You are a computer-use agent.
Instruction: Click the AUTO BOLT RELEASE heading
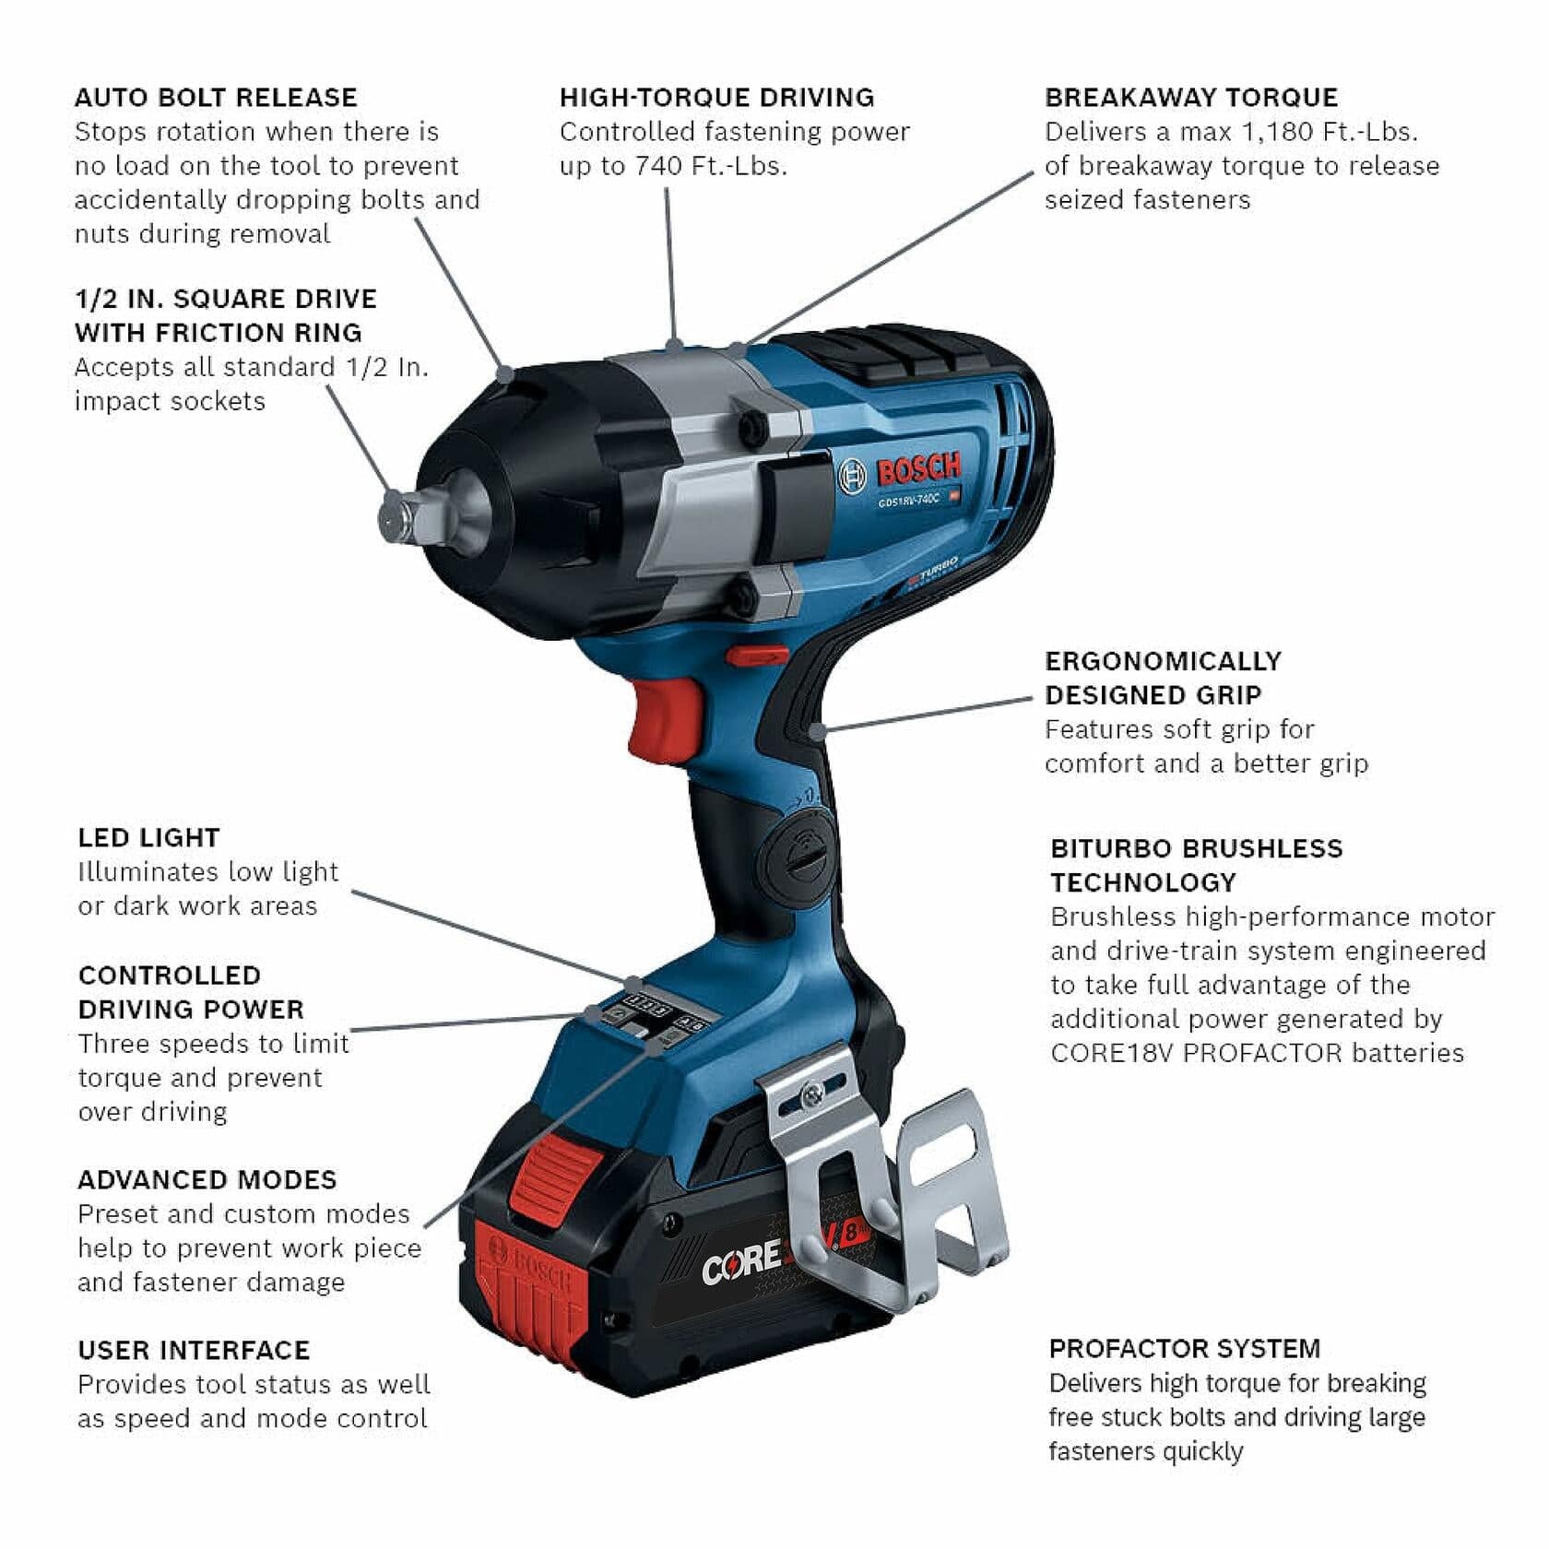click(x=215, y=98)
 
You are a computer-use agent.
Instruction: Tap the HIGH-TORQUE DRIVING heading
click(x=716, y=98)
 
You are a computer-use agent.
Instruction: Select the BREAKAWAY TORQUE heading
click(x=1191, y=98)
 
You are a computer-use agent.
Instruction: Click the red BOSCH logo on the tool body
click(x=917, y=468)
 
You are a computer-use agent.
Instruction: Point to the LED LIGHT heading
click(x=148, y=838)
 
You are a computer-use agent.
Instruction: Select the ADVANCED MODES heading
click(x=207, y=1180)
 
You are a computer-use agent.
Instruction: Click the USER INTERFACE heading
click(x=194, y=1351)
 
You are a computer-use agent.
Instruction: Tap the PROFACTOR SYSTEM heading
click(x=1184, y=1349)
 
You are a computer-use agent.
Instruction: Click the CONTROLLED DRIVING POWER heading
click(x=191, y=992)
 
